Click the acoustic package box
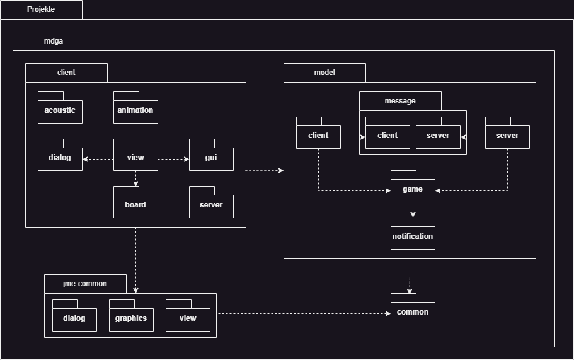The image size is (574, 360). (x=60, y=110)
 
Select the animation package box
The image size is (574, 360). (x=135, y=110)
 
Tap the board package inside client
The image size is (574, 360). (x=135, y=205)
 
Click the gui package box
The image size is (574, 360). (x=211, y=158)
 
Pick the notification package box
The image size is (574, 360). (x=413, y=236)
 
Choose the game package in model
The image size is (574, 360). (x=413, y=189)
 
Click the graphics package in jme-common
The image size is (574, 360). (x=130, y=318)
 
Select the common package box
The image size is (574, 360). (x=413, y=312)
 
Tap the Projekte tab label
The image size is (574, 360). (x=41, y=9)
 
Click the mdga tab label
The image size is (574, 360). (x=54, y=41)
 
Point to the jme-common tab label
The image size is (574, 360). (x=85, y=284)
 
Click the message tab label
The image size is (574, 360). (x=400, y=101)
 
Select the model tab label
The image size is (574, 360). (x=324, y=73)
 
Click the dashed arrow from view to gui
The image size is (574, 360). (x=173, y=160)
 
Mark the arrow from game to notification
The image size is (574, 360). (x=413, y=210)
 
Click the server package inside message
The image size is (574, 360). (x=438, y=136)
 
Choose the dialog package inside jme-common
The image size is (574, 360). (x=74, y=318)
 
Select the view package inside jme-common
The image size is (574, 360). (x=188, y=318)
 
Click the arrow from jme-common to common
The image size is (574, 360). (x=302, y=313)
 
